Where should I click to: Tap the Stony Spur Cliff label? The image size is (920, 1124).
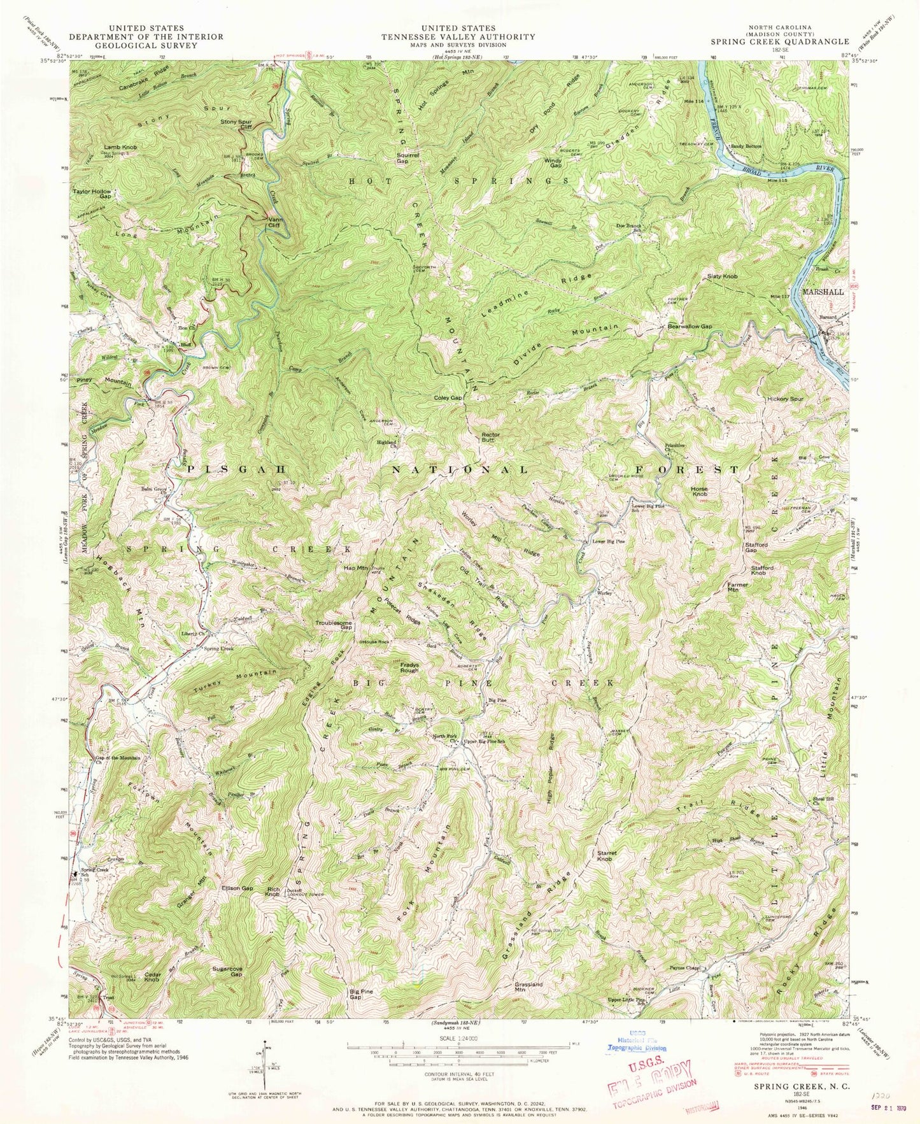238,124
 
